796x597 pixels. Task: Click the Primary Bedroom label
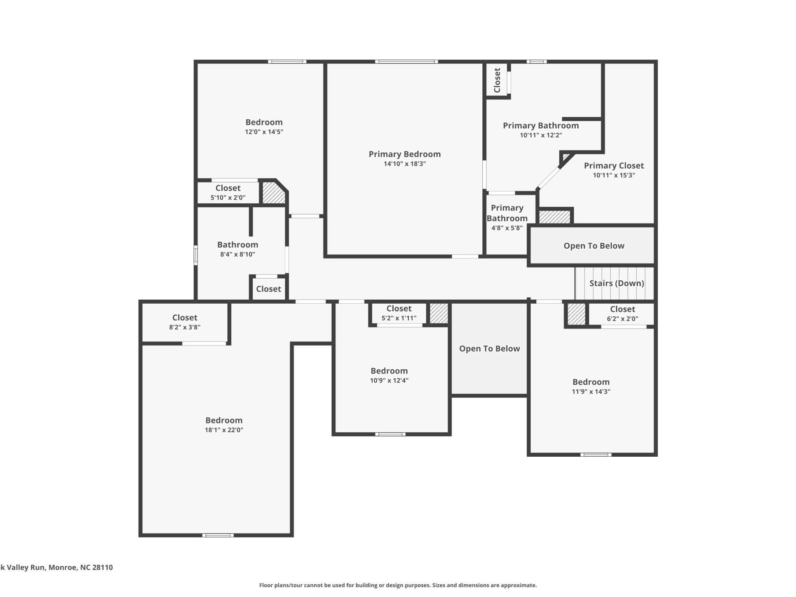pos(405,154)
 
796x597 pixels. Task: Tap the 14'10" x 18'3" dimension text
pos(405,164)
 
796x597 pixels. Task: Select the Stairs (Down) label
pos(616,283)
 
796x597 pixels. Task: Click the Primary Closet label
pos(614,166)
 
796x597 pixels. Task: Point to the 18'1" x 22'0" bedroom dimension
pos(224,430)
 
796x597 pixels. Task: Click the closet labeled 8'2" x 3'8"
pos(185,322)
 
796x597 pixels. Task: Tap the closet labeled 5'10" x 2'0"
pos(228,192)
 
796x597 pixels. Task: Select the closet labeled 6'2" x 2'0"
pos(622,314)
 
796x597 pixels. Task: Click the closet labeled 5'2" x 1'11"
pos(399,313)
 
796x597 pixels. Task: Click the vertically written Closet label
pos(497,80)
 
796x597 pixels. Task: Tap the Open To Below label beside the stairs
pos(594,246)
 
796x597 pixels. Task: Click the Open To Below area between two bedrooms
pos(489,349)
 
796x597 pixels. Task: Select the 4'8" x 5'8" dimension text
pos(507,228)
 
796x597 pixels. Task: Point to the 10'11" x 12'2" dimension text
pos(541,135)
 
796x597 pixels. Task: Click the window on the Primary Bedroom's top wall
pos(406,61)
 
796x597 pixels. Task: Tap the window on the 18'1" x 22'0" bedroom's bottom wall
pos(218,535)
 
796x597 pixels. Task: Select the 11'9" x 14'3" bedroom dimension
pos(591,391)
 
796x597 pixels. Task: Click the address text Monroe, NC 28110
pos(80,567)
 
